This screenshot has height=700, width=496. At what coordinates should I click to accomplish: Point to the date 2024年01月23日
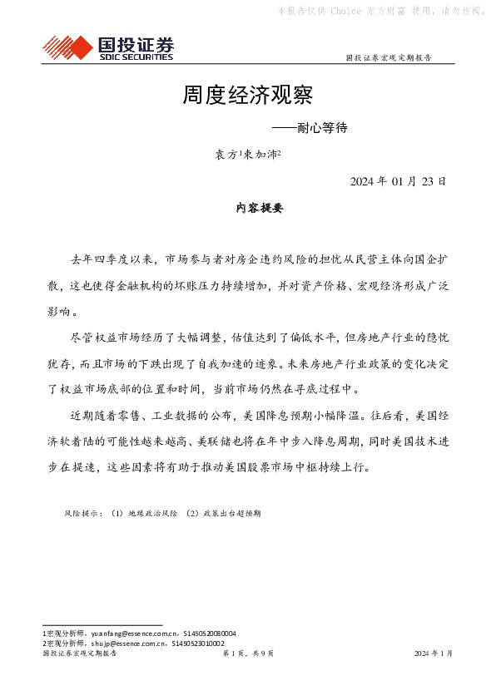click(x=397, y=181)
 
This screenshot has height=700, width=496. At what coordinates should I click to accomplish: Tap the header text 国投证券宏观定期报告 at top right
click(x=388, y=58)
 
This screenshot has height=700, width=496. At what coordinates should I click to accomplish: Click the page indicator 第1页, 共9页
click(x=247, y=654)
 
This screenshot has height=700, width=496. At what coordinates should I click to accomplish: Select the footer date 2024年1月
click(x=433, y=654)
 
